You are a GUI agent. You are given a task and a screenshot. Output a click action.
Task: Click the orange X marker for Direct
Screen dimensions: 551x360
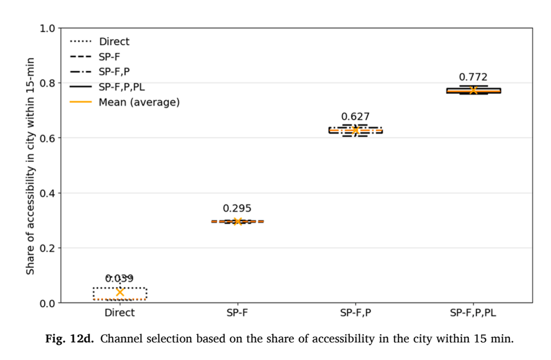(x=120, y=292)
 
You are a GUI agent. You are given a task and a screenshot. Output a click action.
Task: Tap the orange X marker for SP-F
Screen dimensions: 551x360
(x=238, y=222)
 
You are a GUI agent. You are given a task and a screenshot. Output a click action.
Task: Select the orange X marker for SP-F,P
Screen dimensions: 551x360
(x=356, y=130)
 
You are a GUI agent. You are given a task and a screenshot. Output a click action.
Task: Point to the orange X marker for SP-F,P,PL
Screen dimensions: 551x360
(x=474, y=91)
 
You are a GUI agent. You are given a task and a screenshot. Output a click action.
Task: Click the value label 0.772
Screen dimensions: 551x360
(x=473, y=77)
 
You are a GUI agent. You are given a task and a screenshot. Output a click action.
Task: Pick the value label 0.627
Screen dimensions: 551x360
(x=355, y=117)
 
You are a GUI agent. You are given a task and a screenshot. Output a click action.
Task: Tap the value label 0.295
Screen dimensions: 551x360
(x=237, y=208)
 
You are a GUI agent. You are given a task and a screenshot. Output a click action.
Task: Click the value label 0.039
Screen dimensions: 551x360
(x=120, y=279)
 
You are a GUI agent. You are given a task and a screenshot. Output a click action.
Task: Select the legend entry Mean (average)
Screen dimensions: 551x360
(x=125, y=102)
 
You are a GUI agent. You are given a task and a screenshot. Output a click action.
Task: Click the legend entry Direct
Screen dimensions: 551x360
(x=100, y=42)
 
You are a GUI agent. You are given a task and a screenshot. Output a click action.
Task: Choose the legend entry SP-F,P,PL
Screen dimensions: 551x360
(x=107, y=87)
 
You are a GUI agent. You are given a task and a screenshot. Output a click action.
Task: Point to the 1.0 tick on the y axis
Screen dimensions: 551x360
(x=48, y=28)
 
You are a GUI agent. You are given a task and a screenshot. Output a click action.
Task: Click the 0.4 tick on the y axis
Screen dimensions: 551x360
(x=48, y=193)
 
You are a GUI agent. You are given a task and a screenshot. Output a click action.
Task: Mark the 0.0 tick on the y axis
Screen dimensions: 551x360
(x=48, y=303)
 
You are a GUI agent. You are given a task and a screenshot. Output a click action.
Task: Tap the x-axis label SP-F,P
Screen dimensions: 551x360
(x=355, y=313)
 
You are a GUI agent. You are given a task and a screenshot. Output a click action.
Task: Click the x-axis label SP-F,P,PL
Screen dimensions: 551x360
(x=473, y=313)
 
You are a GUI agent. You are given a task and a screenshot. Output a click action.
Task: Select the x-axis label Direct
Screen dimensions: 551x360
(x=120, y=313)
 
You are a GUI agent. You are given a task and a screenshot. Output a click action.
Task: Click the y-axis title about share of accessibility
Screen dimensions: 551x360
(x=31, y=166)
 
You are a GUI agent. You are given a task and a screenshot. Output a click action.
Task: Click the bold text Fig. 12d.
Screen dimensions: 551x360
(x=70, y=339)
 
